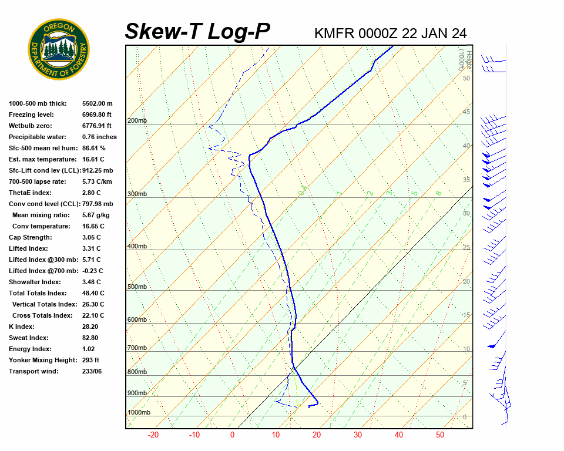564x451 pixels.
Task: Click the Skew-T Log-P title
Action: coord(198,31)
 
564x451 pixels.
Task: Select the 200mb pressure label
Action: coord(137,121)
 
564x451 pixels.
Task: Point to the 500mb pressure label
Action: coord(137,287)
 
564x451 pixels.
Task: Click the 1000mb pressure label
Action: coord(139,413)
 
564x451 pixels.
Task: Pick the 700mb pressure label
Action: coord(137,348)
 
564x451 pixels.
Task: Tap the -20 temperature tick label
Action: coord(153,435)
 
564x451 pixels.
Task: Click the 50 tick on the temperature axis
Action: coord(440,435)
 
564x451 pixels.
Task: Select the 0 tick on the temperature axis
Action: coord(232,435)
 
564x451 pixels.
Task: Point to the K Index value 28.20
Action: coord(90,327)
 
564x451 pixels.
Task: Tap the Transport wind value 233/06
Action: coord(92,371)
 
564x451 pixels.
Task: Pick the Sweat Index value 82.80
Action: coord(90,338)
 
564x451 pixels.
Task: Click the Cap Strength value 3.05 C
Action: coord(92,237)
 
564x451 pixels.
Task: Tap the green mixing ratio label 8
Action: coord(438,193)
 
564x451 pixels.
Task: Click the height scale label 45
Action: coord(466,112)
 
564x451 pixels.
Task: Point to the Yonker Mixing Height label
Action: coord(40,360)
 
